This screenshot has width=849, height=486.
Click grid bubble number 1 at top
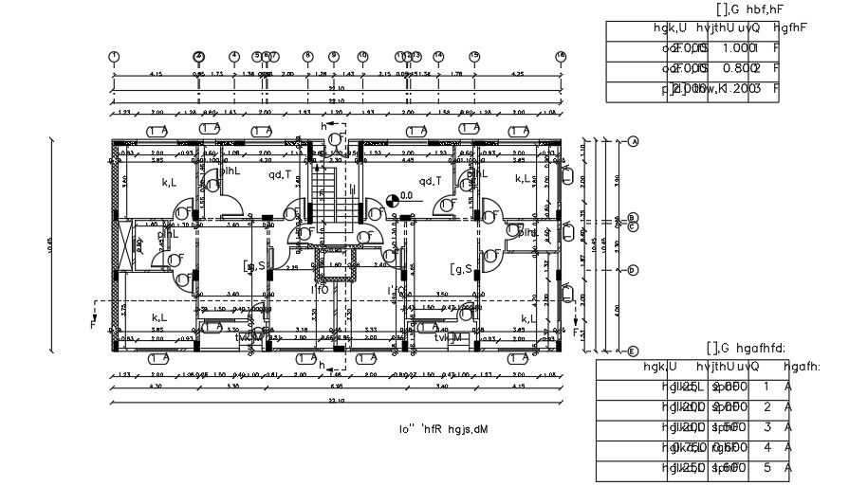[x=114, y=57]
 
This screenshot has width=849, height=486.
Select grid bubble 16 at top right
[x=562, y=57]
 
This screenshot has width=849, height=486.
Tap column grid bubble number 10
[x=362, y=57]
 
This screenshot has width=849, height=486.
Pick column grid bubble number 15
[x=474, y=57]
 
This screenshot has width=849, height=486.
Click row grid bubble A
[x=633, y=141]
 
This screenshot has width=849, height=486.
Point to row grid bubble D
[x=633, y=270]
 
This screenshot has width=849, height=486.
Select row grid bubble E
[x=633, y=351]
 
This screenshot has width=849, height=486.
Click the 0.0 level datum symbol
[x=394, y=200]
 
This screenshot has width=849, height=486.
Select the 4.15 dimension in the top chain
[x=156, y=74]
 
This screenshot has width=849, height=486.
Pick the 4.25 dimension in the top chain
[x=517, y=74]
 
